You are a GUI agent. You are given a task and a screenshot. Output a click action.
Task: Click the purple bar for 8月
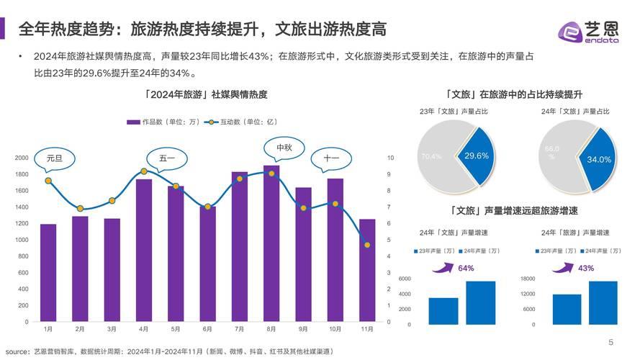[271, 245]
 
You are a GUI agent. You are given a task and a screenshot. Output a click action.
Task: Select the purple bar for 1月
[48, 274]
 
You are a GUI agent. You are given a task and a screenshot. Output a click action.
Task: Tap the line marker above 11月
[367, 245]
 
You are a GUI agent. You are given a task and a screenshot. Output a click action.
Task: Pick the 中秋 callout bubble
[284, 148]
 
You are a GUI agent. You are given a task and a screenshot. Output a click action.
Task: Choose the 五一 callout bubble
[167, 158]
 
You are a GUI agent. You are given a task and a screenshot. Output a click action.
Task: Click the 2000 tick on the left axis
[22, 158]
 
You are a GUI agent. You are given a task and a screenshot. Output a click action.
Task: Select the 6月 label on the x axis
[207, 329]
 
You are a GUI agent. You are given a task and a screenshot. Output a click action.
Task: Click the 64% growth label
[466, 268]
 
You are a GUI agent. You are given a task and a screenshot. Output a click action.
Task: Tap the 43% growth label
[586, 268]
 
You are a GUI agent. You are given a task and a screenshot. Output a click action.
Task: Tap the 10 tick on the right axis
[390, 158]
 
